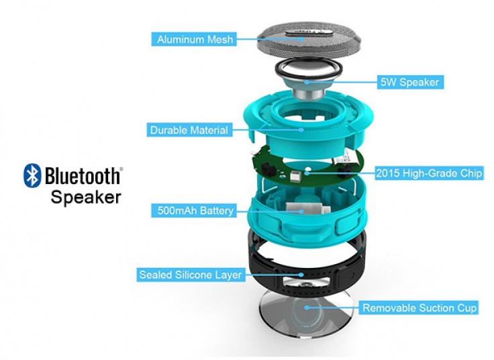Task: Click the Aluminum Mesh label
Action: [x=194, y=40]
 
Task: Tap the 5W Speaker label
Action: [x=410, y=82]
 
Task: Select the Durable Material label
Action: [x=189, y=130]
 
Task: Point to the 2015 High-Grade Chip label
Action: [x=429, y=173]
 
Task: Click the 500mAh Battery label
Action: [x=194, y=210]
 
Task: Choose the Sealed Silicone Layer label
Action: [x=191, y=275]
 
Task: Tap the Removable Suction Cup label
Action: [x=419, y=308]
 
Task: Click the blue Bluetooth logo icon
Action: [x=32, y=175]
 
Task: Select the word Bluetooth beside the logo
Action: [x=83, y=175]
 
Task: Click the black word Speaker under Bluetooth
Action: [x=86, y=197]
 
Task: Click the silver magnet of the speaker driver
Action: [x=308, y=93]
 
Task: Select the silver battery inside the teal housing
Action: [x=308, y=210]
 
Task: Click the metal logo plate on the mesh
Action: [x=309, y=32]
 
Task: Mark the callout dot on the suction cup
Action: [x=306, y=308]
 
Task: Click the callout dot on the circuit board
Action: [x=307, y=173]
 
